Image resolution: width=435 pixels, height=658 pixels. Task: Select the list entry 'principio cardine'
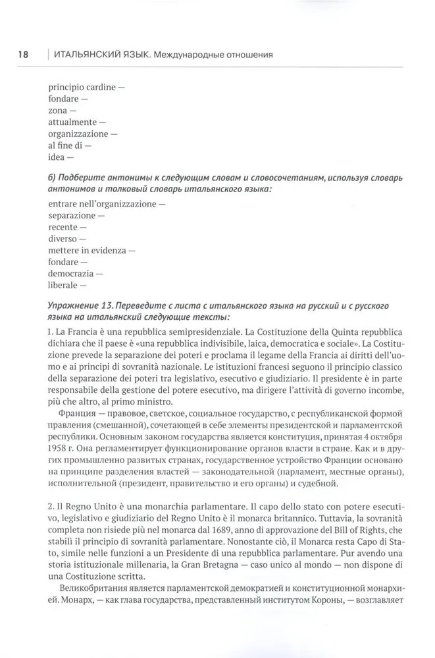click(x=82, y=87)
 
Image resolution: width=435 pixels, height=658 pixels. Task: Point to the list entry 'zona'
click(x=58, y=111)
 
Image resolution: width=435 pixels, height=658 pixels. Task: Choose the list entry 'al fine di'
click(x=64, y=145)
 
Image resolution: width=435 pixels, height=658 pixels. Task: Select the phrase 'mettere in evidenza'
click(x=87, y=250)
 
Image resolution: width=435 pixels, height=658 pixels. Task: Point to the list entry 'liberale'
click(x=63, y=285)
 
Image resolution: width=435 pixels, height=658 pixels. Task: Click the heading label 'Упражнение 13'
click(x=81, y=307)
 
